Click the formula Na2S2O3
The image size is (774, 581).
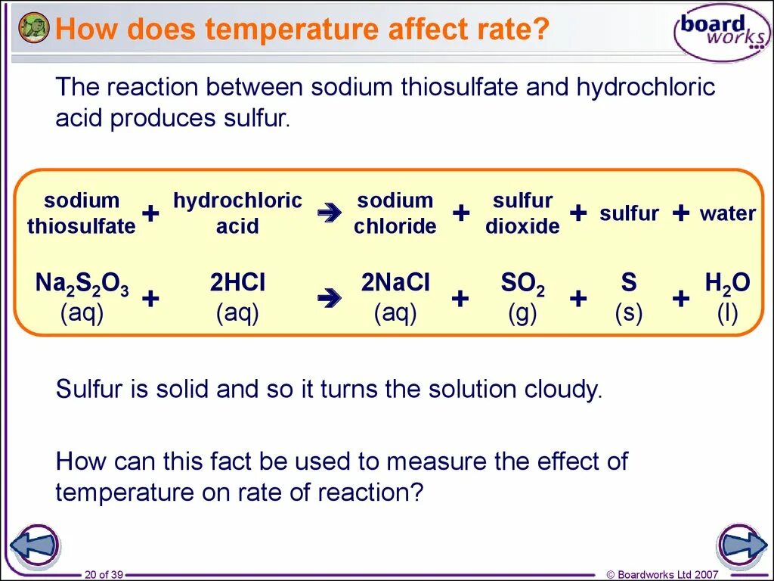point(82,284)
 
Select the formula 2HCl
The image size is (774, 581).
point(237,283)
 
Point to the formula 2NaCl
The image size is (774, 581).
point(395,283)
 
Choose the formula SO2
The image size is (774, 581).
point(522,284)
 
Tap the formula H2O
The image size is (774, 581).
point(727,284)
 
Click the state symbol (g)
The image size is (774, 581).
point(522,313)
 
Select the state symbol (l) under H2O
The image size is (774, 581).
point(727,313)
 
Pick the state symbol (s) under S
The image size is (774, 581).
point(629,313)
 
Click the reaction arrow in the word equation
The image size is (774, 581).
point(329,214)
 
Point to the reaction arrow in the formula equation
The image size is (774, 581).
point(329,300)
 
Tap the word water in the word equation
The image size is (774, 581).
point(727,213)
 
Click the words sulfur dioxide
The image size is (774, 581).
point(522,213)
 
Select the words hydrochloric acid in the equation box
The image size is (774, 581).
point(237,213)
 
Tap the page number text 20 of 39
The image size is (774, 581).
point(104,575)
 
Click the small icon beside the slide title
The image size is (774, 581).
point(34,28)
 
